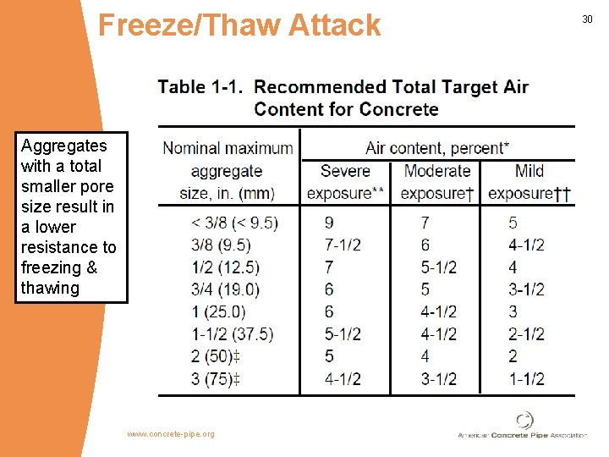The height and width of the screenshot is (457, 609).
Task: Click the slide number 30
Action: click(589, 19)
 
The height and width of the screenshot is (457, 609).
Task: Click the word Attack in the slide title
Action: click(334, 25)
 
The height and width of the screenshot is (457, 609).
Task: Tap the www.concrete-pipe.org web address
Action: click(171, 434)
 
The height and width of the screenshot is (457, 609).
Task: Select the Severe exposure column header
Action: click(345, 182)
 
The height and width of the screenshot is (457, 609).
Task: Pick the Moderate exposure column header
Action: click(437, 182)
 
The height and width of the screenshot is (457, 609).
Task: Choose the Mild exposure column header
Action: click(529, 182)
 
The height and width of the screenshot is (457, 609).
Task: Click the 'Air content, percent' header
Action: click(437, 148)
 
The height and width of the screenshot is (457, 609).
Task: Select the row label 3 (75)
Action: click(216, 378)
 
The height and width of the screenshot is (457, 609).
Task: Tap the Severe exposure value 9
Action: click(328, 223)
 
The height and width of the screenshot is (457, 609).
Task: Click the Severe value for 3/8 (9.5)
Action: click(343, 245)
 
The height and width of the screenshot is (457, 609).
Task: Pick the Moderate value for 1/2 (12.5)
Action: click(439, 267)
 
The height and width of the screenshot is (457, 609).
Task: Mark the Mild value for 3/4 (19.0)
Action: click(527, 289)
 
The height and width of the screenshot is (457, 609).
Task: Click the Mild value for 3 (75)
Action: click(527, 378)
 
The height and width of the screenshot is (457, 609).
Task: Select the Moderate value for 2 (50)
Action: click(426, 356)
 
